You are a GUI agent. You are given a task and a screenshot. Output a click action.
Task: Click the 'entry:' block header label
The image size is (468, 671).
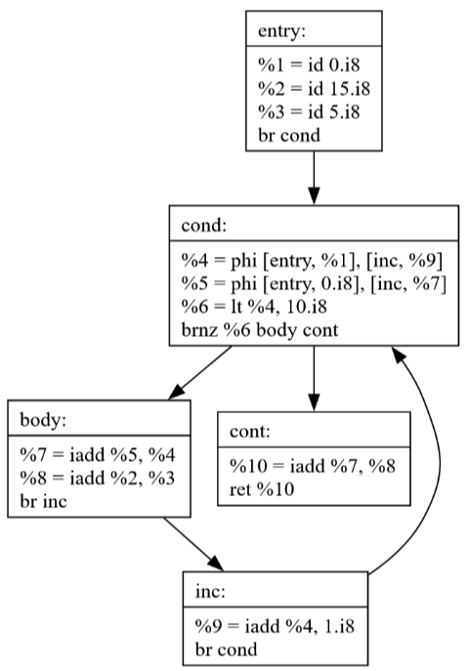click(x=281, y=31)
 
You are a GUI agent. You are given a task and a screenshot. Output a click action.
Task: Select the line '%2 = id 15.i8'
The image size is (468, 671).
click(x=314, y=89)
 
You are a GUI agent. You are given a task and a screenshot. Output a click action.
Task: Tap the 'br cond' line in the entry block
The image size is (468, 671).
click(x=289, y=135)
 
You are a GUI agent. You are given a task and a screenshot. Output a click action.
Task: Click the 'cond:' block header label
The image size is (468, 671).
click(x=204, y=225)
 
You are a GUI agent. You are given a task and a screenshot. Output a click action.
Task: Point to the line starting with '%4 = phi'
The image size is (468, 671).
click(x=312, y=261)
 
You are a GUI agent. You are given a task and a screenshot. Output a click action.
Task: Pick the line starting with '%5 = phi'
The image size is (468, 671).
click(x=314, y=283)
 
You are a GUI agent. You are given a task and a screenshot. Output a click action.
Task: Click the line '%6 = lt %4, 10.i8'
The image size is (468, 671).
click(x=254, y=307)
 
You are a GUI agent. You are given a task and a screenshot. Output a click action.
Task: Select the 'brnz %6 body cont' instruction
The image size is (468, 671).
click(x=260, y=330)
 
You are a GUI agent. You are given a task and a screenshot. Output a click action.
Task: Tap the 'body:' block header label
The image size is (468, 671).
click(x=43, y=420)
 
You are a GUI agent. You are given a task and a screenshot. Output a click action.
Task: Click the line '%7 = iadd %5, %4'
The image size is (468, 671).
click(x=98, y=454)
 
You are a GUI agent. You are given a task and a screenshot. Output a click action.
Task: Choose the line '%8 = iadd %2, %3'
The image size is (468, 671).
click(x=98, y=478)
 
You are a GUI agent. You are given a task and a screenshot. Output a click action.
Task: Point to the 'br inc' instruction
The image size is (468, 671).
click(x=43, y=501)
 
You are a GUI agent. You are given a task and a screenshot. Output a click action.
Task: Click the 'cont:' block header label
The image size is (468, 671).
click(x=250, y=432)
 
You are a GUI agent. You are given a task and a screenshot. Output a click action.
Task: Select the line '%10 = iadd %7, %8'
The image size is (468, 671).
click(x=313, y=466)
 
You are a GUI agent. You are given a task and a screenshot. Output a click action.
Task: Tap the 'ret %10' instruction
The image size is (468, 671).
click(x=262, y=489)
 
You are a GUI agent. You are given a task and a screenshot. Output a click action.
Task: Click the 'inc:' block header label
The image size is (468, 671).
click(x=210, y=592)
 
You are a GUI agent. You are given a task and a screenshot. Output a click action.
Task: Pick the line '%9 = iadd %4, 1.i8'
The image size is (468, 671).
click(x=275, y=626)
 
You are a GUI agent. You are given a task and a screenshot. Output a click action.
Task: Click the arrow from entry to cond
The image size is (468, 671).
click(x=314, y=178)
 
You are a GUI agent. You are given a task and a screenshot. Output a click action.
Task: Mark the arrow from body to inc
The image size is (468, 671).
click(x=193, y=544)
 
